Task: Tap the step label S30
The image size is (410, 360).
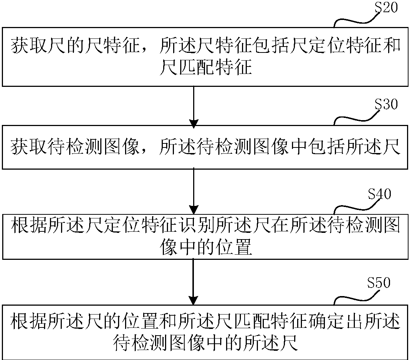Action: (386, 105)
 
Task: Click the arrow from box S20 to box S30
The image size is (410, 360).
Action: (194, 105)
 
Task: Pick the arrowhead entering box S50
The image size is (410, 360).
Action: (194, 299)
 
